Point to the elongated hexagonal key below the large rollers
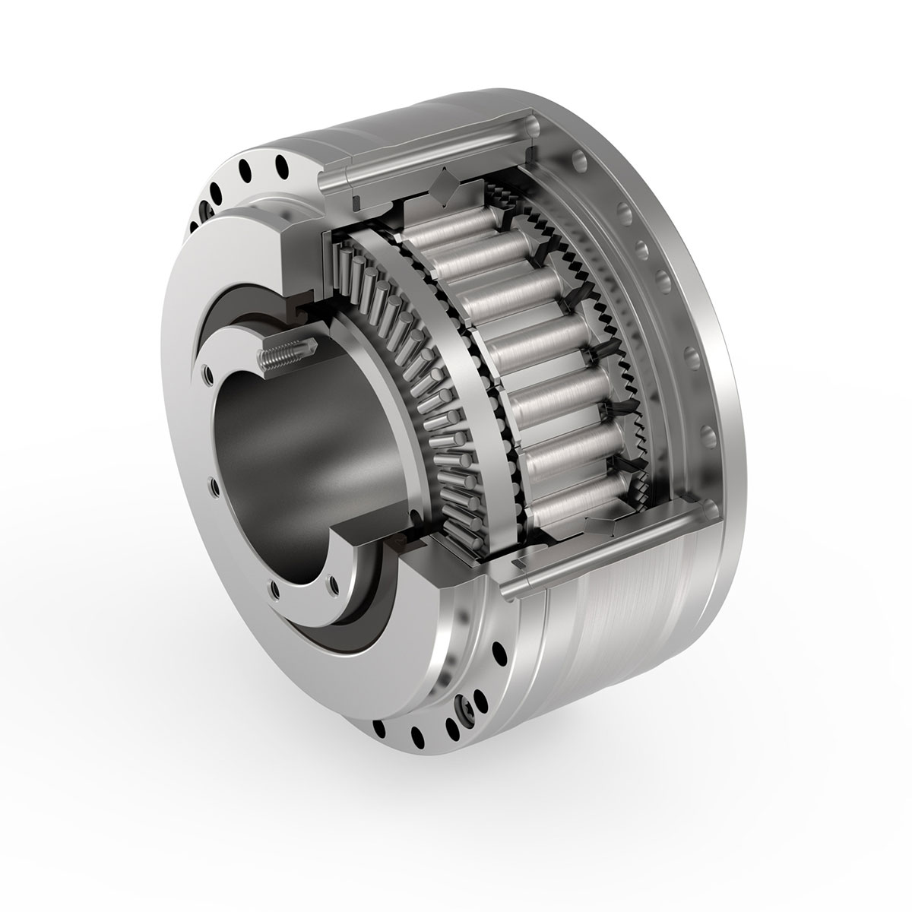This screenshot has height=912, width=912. [608, 524]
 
